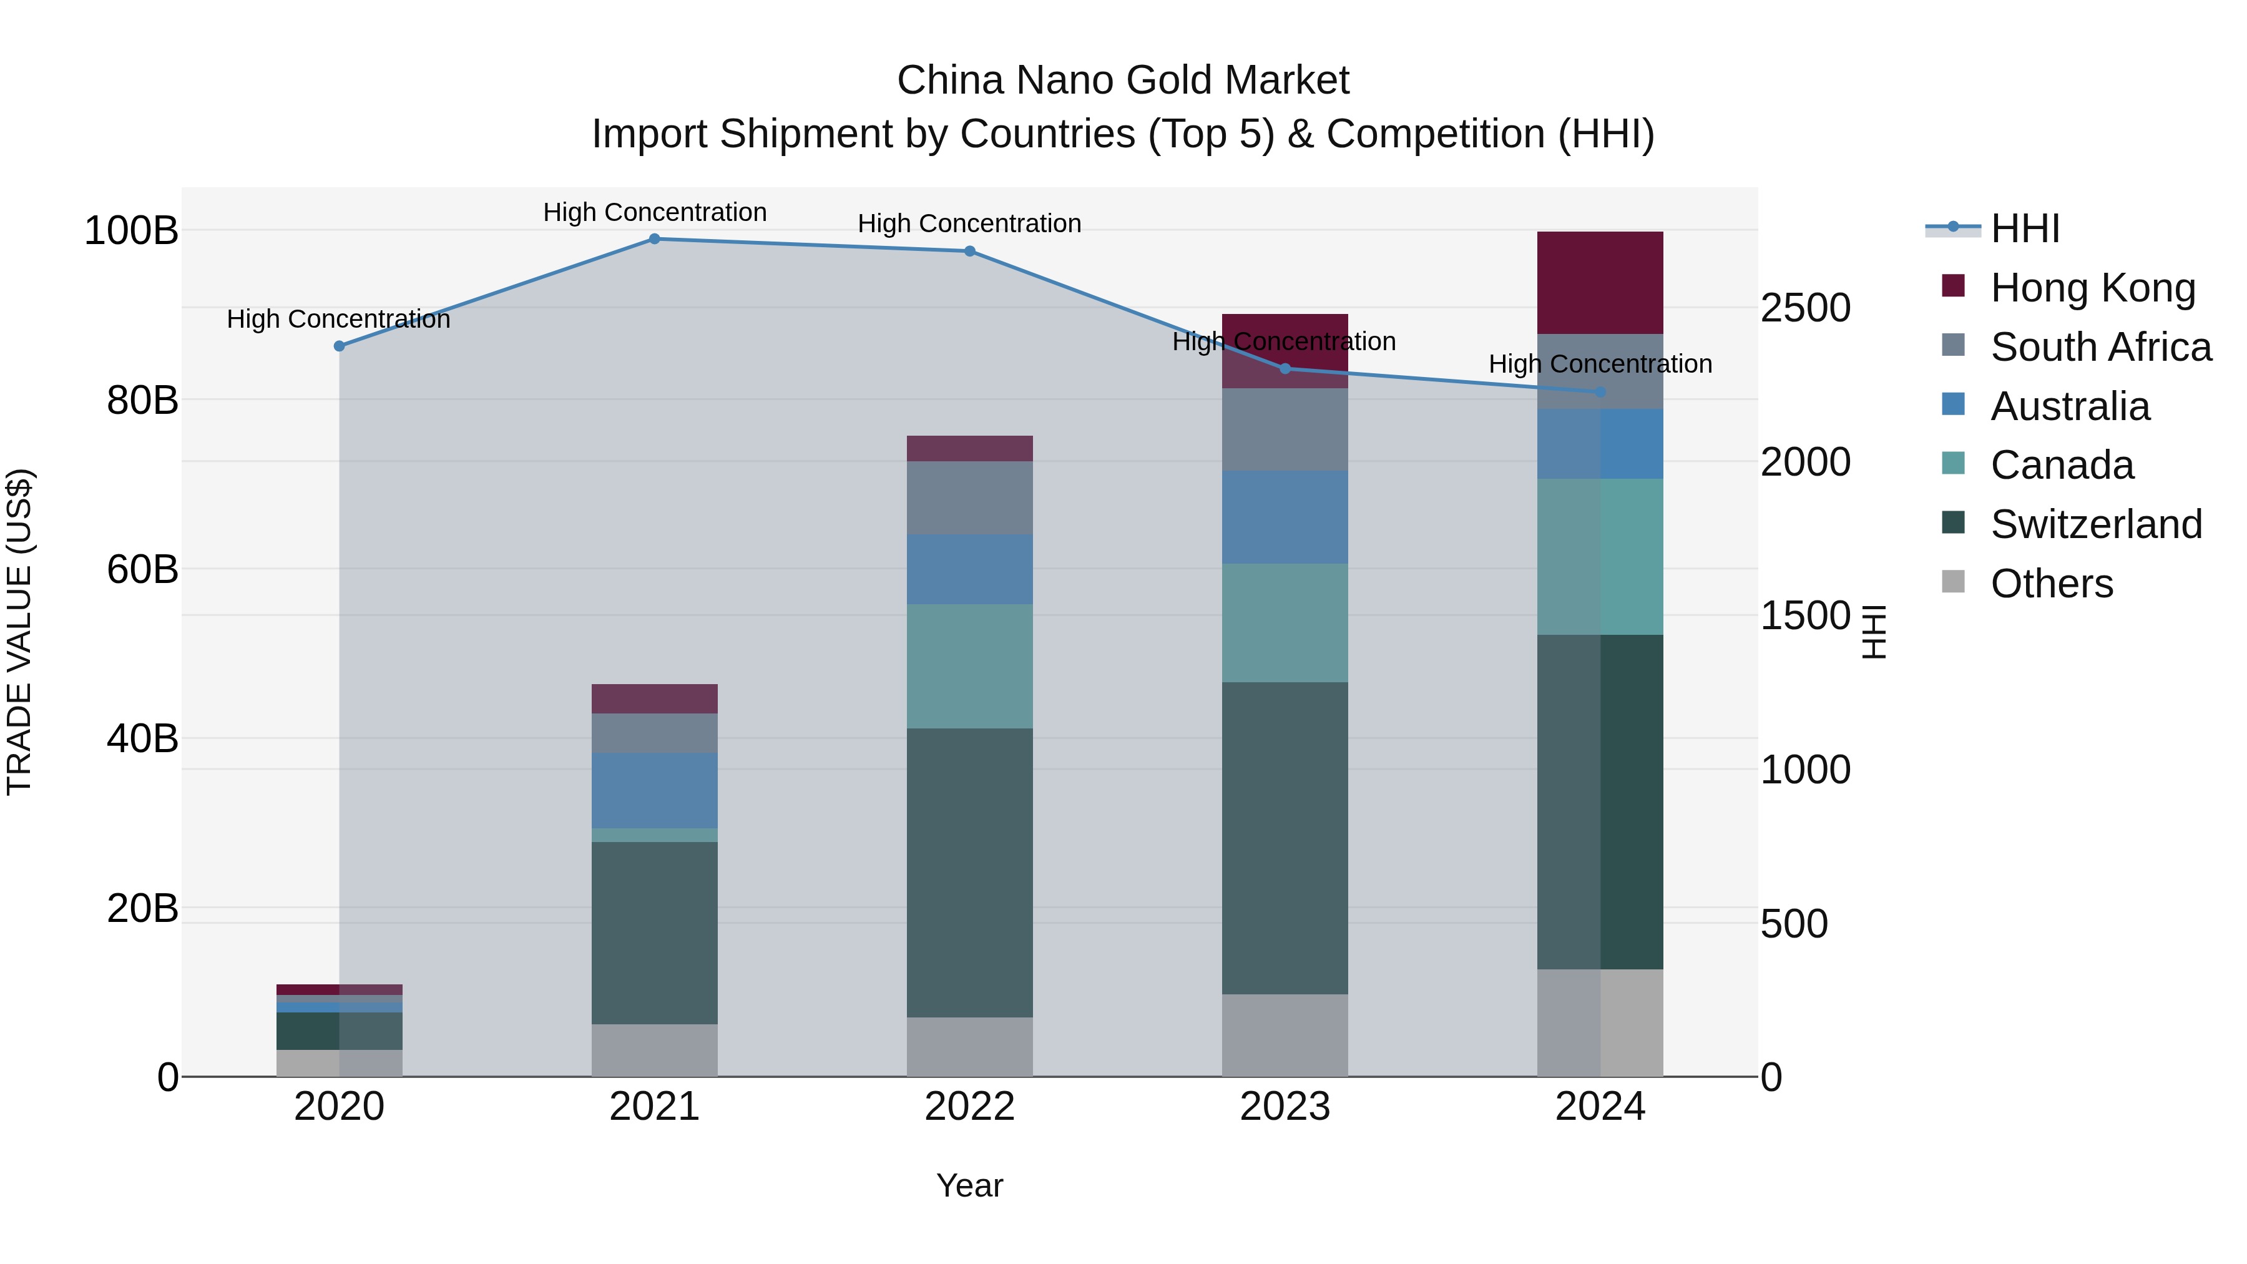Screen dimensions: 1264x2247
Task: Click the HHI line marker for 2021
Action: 654,239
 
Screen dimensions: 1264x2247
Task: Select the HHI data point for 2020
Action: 340,346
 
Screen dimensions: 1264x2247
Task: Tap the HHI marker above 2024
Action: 1600,393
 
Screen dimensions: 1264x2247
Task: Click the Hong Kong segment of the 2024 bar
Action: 1600,283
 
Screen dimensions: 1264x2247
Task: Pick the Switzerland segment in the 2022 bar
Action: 969,873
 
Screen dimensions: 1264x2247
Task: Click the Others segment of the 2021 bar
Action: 654,1051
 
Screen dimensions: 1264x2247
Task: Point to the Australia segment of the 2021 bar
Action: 654,790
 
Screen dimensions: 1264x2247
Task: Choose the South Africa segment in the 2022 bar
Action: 969,497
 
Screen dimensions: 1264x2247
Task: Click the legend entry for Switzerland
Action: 2096,524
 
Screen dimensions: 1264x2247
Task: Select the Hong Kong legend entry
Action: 2093,288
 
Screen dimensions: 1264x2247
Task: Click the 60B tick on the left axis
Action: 142,570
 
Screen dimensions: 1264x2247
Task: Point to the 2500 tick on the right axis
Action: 1804,308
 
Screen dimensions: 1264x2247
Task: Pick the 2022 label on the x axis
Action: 969,1107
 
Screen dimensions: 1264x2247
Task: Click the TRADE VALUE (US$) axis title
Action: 19,632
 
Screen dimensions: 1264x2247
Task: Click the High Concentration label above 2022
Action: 969,223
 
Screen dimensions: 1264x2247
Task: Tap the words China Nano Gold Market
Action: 1123,81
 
